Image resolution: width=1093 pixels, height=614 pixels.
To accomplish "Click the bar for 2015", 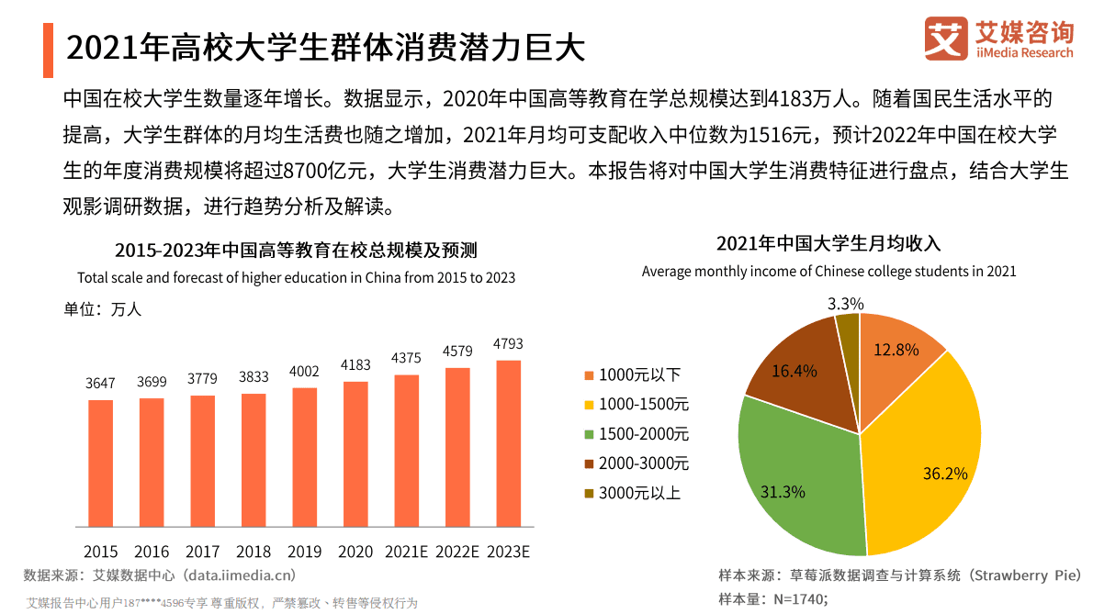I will (101, 463).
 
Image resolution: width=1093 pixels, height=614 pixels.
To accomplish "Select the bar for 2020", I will (355, 454).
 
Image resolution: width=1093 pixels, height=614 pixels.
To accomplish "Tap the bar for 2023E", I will (509, 444).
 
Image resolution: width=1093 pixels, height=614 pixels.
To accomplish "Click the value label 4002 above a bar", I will (304, 372).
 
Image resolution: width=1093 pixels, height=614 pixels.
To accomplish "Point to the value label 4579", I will (457, 352).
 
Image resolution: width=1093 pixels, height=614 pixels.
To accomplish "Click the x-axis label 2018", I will (254, 552).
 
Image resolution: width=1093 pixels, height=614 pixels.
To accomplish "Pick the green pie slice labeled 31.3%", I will (794, 477).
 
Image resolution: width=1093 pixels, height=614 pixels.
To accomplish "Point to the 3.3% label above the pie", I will (845, 304).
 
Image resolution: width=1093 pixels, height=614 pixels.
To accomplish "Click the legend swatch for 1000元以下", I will (589, 375).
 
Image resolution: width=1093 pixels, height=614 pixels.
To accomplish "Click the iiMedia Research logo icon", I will (946, 39).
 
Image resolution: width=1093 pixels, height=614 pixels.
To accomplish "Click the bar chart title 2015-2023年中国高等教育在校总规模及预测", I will (296, 251).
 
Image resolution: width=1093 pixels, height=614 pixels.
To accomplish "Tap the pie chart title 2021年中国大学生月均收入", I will (828, 244).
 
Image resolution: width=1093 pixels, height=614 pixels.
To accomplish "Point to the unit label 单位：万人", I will (102, 309).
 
